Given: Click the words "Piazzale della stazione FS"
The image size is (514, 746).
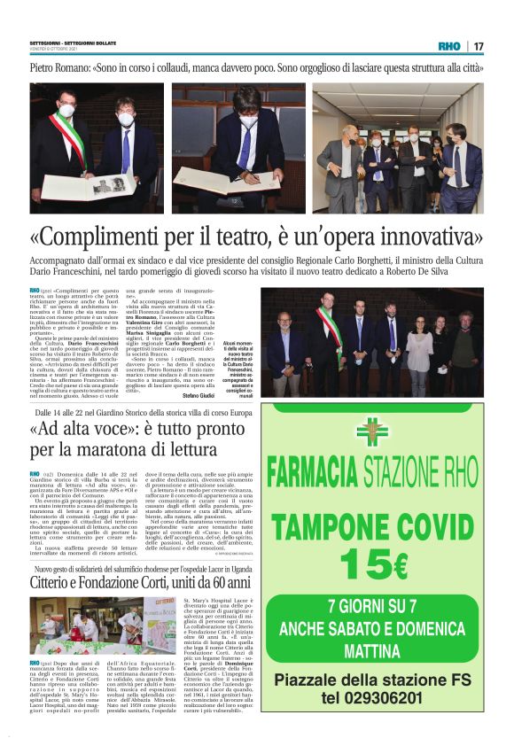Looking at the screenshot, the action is [372, 705].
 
